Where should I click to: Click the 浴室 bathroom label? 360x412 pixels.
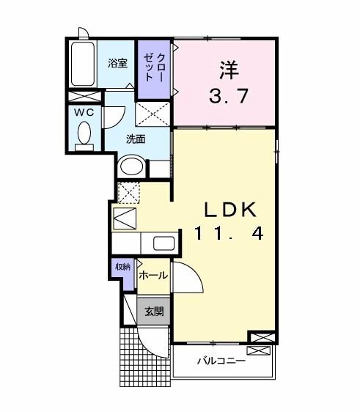pos(118,64)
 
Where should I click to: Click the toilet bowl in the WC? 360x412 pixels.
pos(84,135)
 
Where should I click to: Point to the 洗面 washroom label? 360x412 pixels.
pos(136,138)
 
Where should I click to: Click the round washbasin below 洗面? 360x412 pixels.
pos(133,166)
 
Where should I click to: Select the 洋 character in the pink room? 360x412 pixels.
pos(227,71)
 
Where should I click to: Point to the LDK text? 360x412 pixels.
pos(226,210)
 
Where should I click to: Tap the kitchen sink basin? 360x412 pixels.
pos(163,244)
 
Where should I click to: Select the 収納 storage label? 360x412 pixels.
pos(121,267)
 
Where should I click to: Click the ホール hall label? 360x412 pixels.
pos(153,276)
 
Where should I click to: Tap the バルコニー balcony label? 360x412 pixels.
pos(221,361)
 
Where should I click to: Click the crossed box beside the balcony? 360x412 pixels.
pos(262,338)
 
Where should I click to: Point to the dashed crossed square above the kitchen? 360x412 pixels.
pos(129,192)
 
